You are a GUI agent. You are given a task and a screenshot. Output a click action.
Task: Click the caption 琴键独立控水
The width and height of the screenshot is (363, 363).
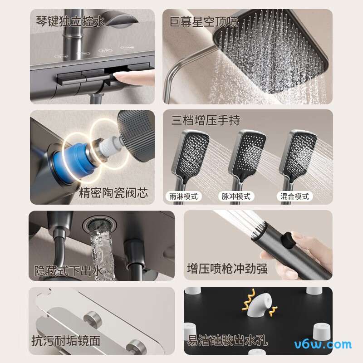click(x=70, y=21)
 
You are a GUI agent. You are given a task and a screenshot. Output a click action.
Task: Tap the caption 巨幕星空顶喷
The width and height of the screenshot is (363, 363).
click(x=204, y=21)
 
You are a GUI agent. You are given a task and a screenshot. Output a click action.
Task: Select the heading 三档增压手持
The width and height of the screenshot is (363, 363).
click(x=206, y=120)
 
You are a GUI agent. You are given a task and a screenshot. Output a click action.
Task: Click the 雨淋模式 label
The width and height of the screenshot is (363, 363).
click(x=183, y=196)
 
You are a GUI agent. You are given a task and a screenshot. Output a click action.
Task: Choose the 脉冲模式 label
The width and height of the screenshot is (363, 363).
click(x=236, y=196)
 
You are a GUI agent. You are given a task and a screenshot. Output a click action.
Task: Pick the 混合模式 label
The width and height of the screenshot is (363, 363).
click(x=294, y=196)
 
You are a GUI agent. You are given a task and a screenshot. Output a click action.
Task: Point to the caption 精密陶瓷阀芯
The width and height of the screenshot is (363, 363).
click(x=113, y=192)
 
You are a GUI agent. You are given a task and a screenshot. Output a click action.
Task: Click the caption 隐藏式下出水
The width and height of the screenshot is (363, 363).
click(x=69, y=270)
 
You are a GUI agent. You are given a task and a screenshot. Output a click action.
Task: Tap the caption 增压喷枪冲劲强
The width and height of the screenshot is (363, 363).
click(x=227, y=269)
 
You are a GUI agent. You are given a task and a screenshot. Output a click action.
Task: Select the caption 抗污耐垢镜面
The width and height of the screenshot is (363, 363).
click(x=65, y=340)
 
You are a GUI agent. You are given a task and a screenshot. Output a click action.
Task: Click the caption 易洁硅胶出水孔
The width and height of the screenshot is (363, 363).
click(x=227, y=340)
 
